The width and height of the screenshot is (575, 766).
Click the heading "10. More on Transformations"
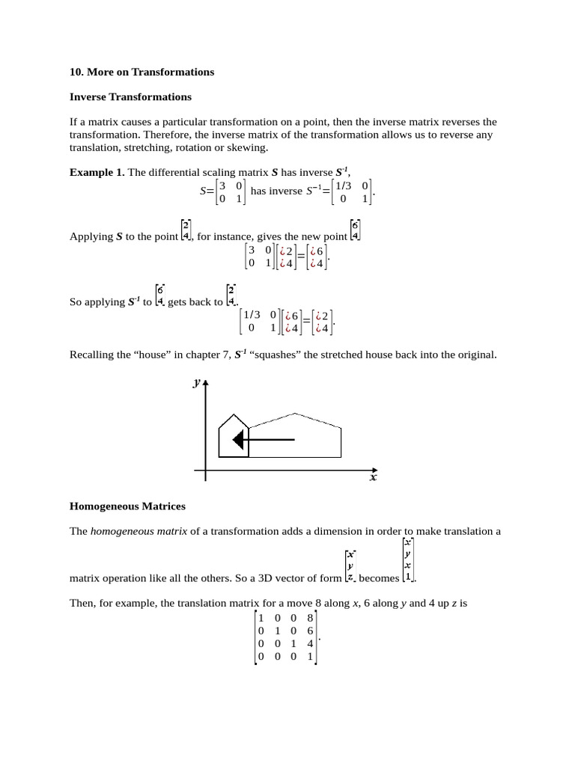(142, 72)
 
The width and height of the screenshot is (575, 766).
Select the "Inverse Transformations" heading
(130, 96)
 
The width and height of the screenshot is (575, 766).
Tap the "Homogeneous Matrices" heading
(127, 506)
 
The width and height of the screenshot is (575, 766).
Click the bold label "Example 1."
(97, 172)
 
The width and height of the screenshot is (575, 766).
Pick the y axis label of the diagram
(196, 382)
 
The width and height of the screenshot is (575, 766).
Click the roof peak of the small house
(234, 415)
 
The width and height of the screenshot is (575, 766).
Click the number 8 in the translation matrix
(310, 618)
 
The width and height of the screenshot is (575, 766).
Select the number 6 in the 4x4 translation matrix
(310, 631)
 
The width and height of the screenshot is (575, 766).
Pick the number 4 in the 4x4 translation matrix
(310, 643)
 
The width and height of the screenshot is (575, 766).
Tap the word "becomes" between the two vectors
(379, 578)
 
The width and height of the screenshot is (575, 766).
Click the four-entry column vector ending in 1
(407, 560)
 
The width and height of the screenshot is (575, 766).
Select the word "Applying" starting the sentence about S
(91, 236)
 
